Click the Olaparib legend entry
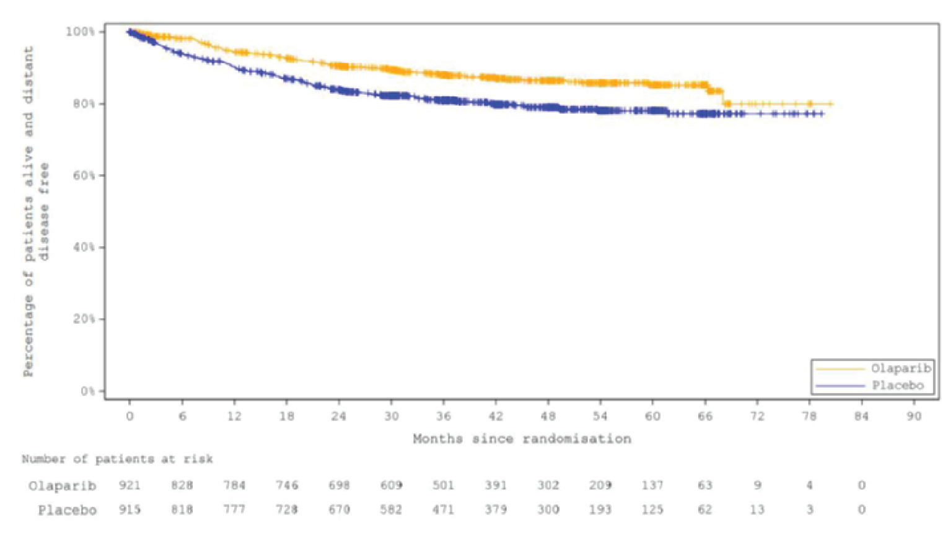(x=900, y=368)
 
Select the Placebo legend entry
(x=898, y=386)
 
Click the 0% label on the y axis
(x=87, y=391)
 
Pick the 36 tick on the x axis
(x=443, y=416)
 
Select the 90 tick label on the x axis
(x=914, y=416)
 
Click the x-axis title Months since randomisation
(x=522, y=439)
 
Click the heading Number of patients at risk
(x=117, y=459)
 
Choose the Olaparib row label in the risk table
(x=62, y=485)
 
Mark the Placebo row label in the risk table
(x=67, y=510)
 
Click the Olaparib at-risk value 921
(x=129, y=485)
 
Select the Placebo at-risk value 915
(x=129, y=510)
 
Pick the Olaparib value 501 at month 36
(x=443, y=485)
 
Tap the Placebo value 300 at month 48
(x=548, y=510)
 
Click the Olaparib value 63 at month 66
(x=704, y=485)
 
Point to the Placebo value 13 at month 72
(x=757, y=510)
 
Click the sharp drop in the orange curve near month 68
(x=723, y=97)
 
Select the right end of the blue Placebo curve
(x=822, y=113)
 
